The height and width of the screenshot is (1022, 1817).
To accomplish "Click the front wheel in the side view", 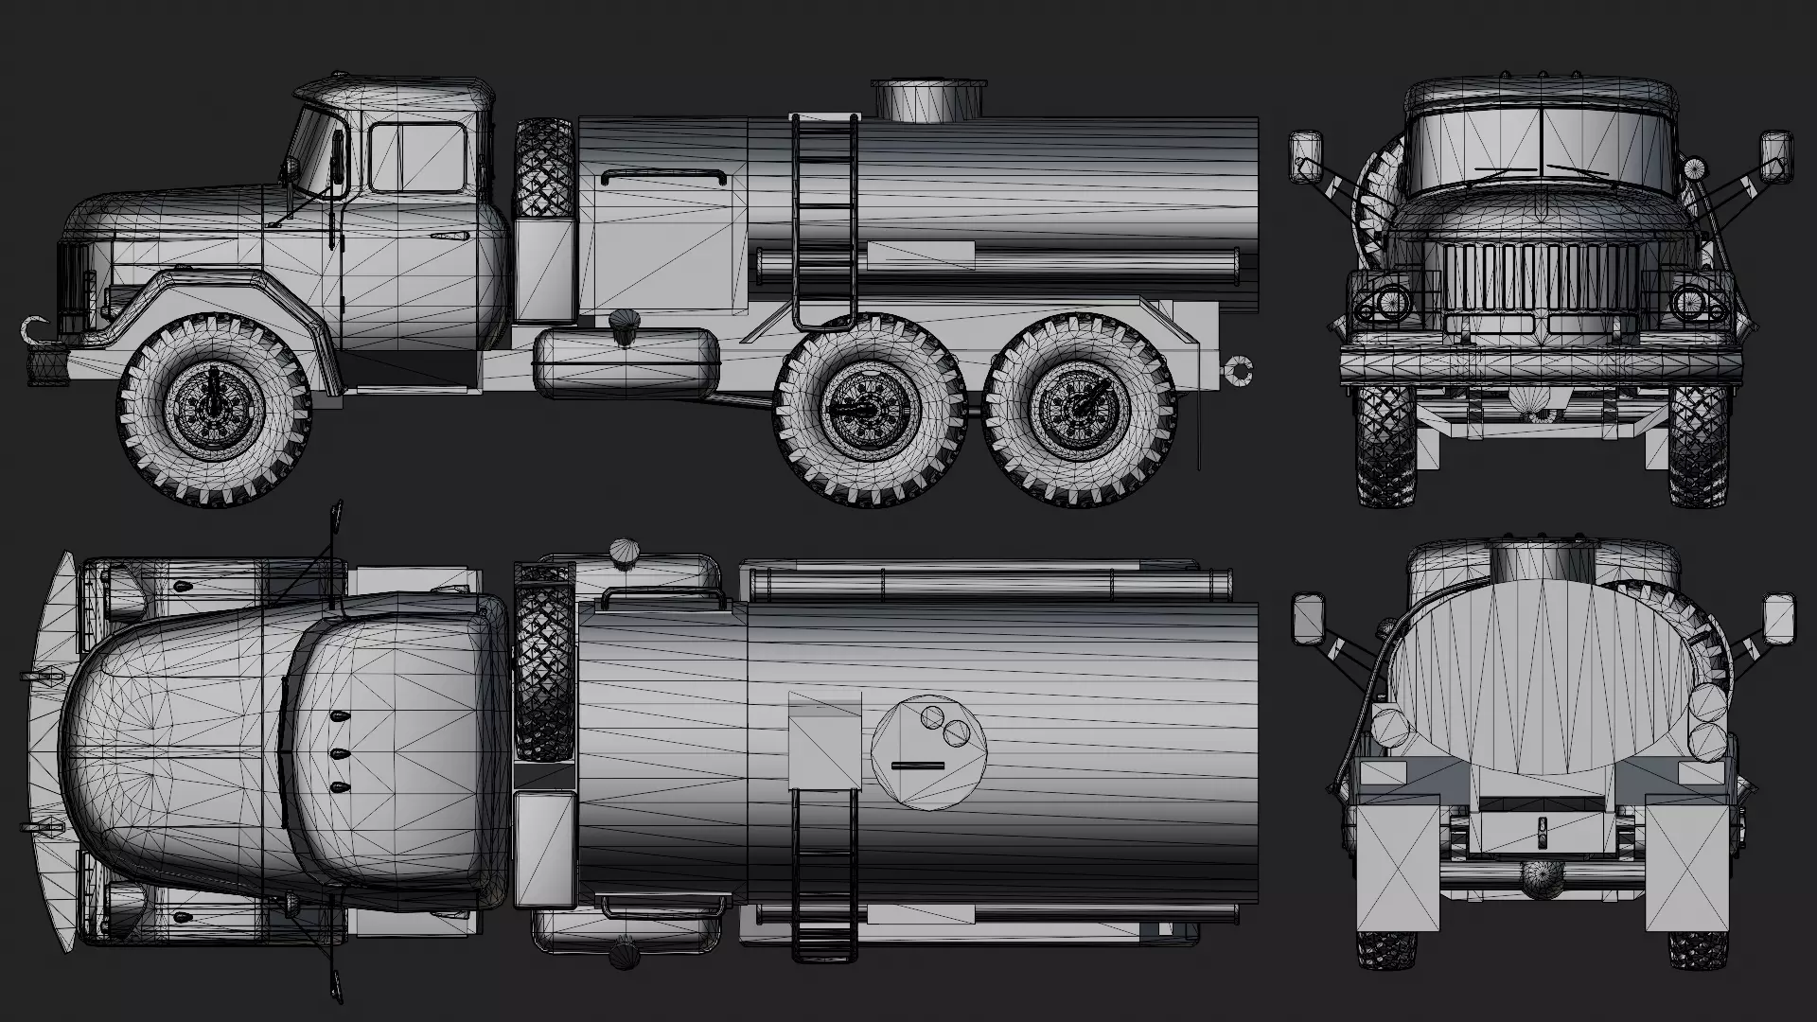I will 215,409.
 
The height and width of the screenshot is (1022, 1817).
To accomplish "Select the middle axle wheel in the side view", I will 871,409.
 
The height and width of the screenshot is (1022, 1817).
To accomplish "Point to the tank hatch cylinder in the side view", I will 928,99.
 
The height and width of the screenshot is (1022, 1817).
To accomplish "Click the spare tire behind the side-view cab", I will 543,168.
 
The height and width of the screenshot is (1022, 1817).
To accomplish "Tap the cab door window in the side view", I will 416,157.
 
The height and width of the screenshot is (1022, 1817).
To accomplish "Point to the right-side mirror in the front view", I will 1775,156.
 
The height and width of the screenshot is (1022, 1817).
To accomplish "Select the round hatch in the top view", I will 928,752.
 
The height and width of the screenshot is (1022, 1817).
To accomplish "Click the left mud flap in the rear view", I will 1399,869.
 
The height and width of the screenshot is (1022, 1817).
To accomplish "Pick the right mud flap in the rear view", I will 1687,869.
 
